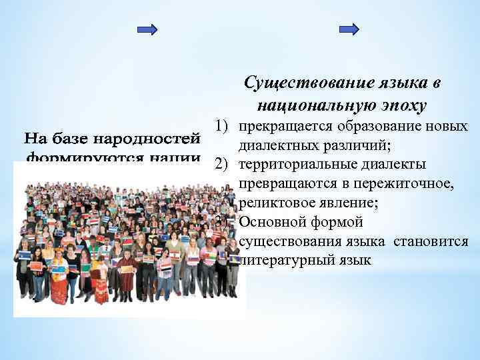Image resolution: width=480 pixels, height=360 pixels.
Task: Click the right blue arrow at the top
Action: [349, 29]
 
